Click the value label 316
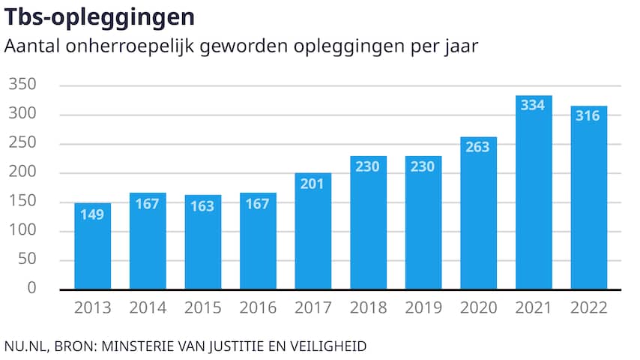click(x=588, y=116)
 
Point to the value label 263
click(x=478, y=147)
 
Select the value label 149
click(x=93, y=214)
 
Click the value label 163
click(x=203, y=206)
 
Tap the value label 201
click(x=313, y=184)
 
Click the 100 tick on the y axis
click(x=23, y=231)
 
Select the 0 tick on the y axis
click(x=31, y=288)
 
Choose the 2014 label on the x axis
click(x=148, y=307)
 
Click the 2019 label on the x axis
click(x=423, y=307)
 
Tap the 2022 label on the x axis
click(x=588, y=307)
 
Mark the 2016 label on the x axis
click(x=258, y=307)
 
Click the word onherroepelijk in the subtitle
click(x=132, y=46)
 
